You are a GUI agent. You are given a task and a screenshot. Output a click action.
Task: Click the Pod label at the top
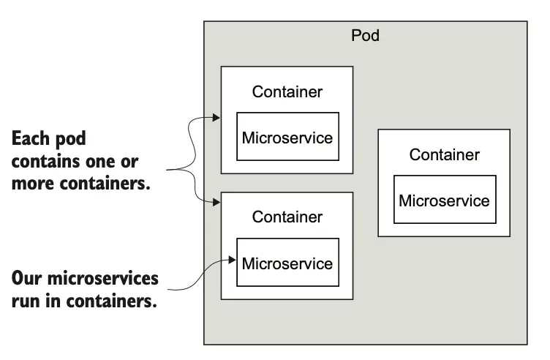tap(365, 35)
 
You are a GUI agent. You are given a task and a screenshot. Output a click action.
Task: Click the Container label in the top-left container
tap(287, 92)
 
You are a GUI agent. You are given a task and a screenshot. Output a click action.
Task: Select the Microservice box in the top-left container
tap(287, 137)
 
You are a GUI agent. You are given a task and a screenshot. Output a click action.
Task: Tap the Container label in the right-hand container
tap(444, 154)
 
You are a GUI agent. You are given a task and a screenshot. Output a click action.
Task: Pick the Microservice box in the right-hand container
tap(444, 200)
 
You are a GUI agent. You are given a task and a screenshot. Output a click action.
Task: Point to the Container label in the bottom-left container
tap(287, 217)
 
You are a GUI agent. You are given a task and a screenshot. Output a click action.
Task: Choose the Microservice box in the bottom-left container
tap(287, 263)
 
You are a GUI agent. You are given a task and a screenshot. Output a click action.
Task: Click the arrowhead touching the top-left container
tap(216, 117)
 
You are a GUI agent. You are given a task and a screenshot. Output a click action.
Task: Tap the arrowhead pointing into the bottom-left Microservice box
tap(233, 258)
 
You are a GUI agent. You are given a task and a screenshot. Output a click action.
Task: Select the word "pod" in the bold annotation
tap(78, 140)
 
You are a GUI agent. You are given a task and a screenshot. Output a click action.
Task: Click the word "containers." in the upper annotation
tap(103, 184)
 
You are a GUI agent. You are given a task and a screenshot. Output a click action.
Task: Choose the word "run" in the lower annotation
tap(26, 301)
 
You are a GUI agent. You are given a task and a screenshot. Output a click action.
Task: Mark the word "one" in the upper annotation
tap(105, 161)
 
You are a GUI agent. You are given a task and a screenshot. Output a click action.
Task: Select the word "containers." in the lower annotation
tap(110, 301)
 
